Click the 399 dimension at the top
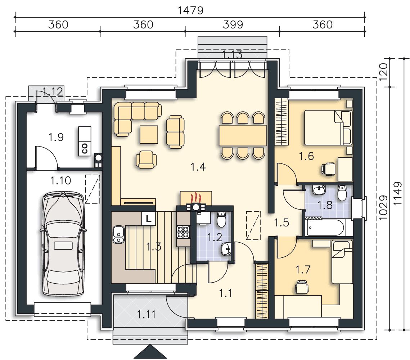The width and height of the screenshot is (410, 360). point(233,25)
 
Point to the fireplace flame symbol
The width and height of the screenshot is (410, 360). point(195,198)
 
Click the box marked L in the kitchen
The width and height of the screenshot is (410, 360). point(149,218)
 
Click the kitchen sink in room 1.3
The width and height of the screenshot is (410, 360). point(118,234)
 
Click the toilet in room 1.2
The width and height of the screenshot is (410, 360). point(221,220)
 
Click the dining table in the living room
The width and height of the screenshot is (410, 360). point(242,135)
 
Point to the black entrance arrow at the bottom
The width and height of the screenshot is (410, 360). point(149,352)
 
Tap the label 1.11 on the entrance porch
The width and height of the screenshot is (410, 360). point(146,315)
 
